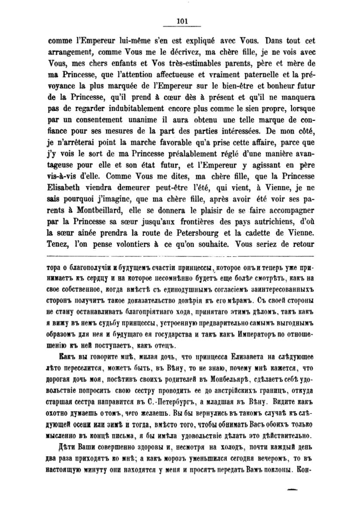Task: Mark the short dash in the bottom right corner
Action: pyautogui.click(x=292, y=489)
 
